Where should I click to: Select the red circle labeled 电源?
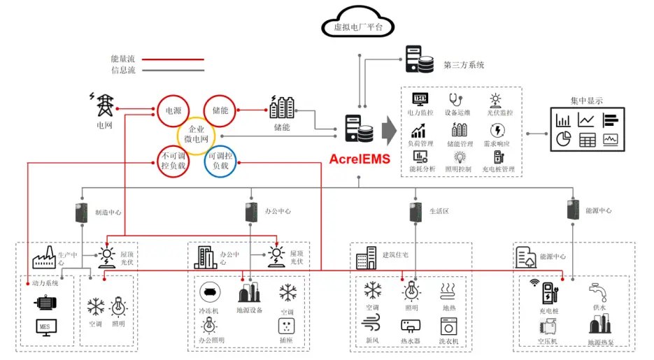click(173, 110)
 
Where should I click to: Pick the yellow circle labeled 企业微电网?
click(197, 136)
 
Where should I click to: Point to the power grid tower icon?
click(104, 105)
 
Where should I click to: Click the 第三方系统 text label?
click(464, 65)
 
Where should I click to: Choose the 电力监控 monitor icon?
click(420, 99)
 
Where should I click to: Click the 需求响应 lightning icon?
click(498, 129)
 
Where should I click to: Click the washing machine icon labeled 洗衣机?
click(448, 326)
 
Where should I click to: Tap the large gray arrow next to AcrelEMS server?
click(389, 130)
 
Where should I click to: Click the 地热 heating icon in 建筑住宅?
click(448, 291)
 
